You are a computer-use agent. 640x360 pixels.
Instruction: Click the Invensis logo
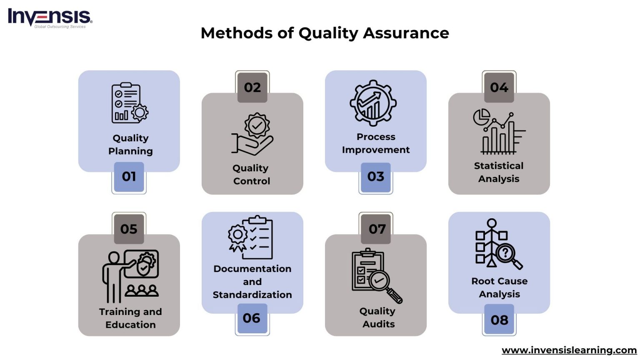pyautogui.click(x=50, y=18)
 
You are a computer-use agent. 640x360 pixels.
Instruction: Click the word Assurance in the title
pyautogui.click(x=406, y=33)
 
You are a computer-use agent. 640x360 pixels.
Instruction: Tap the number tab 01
pyautogui.click(x=129, y=177)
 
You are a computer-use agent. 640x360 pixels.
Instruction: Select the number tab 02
pyautogui.click(x=252, y=87)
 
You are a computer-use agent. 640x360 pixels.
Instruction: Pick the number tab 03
pyautogui.click(x=375, y=177)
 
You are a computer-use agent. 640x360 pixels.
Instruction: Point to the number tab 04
pyautogui.click(x=499, y=87)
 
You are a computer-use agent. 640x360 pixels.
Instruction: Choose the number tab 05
pyautogui.click(x=129, y=229)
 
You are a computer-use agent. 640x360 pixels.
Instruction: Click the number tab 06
pyautogui.click(x=252, y=318)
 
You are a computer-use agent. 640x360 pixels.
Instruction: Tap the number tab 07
pyautogui.click(x=377, y=229)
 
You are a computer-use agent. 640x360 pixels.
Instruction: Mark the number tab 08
pyautogui.click(x=499, y=320)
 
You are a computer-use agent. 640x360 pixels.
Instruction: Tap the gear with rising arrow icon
pyautogui.click(x=373, y=103)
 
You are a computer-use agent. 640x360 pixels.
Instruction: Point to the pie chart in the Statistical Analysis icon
pyautogui.click(x=481, y=117)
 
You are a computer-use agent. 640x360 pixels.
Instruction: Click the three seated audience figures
pyautogui.click(x=142, y=290)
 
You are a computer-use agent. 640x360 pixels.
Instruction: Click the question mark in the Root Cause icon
pyautogui.click(x=505, y=252)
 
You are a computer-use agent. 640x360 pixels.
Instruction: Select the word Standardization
pyautogui.click(x=252, y=295)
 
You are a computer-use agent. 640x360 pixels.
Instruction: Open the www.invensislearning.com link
pyautogui.click(x=569, y=350)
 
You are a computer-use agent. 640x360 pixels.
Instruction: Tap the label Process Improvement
pyautogui.click(x=375, y=143)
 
